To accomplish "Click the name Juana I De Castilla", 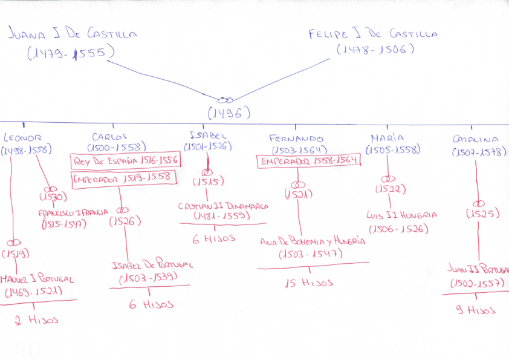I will [x=73, y=34].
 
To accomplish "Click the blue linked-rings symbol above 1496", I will [x=225, y=99].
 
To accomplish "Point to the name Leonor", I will [x=22, y=137].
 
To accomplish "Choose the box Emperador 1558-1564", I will [x=309, y=162].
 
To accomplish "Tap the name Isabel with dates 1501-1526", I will [x=208, y=135].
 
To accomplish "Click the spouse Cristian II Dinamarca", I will [x=223, y=206].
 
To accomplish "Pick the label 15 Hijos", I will [x=308, y=282].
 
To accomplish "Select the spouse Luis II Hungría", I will [x=401, y=215].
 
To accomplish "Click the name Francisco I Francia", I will [x=73, y=213].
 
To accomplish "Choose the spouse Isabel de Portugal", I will [x=152, y=265].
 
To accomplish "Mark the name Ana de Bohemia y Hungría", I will [x=313, y=241].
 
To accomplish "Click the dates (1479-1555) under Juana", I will [x=71, y=54].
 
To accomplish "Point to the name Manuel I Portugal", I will [x=37, y=280].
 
